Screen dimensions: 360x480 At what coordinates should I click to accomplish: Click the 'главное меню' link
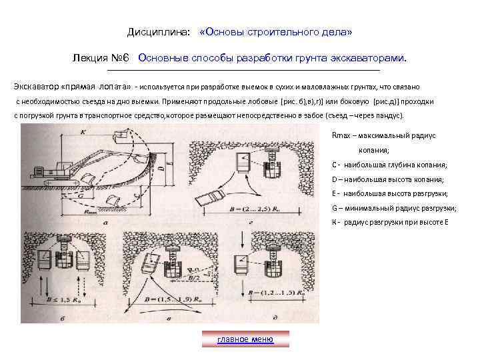coord(245,339)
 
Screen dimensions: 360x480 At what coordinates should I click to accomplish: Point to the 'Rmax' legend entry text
coord(383,135)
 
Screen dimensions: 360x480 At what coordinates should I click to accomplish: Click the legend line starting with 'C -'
coord(389,165)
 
